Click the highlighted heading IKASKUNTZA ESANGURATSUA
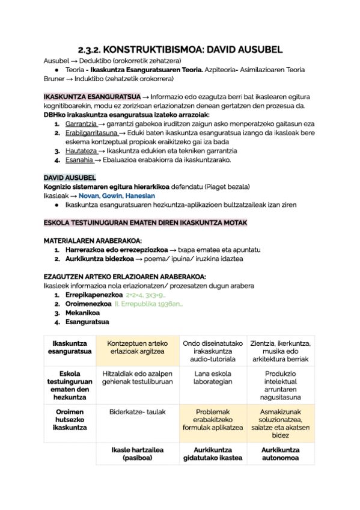pos(92,96)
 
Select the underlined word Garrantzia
pos(81,124)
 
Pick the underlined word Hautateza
pos(80,151)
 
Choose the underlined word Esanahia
pos(79,160)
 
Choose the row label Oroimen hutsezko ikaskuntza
pos(70,420)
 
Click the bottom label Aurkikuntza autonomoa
pos(281,453)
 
